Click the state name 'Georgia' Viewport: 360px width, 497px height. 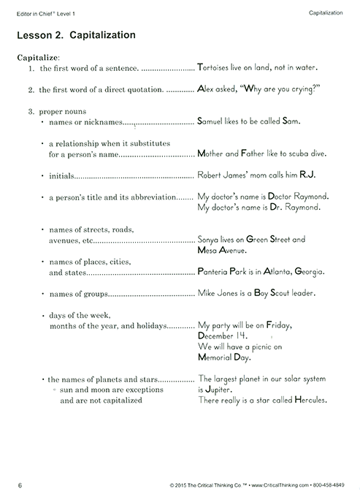309,271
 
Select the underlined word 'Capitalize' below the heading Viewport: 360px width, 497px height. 37,57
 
